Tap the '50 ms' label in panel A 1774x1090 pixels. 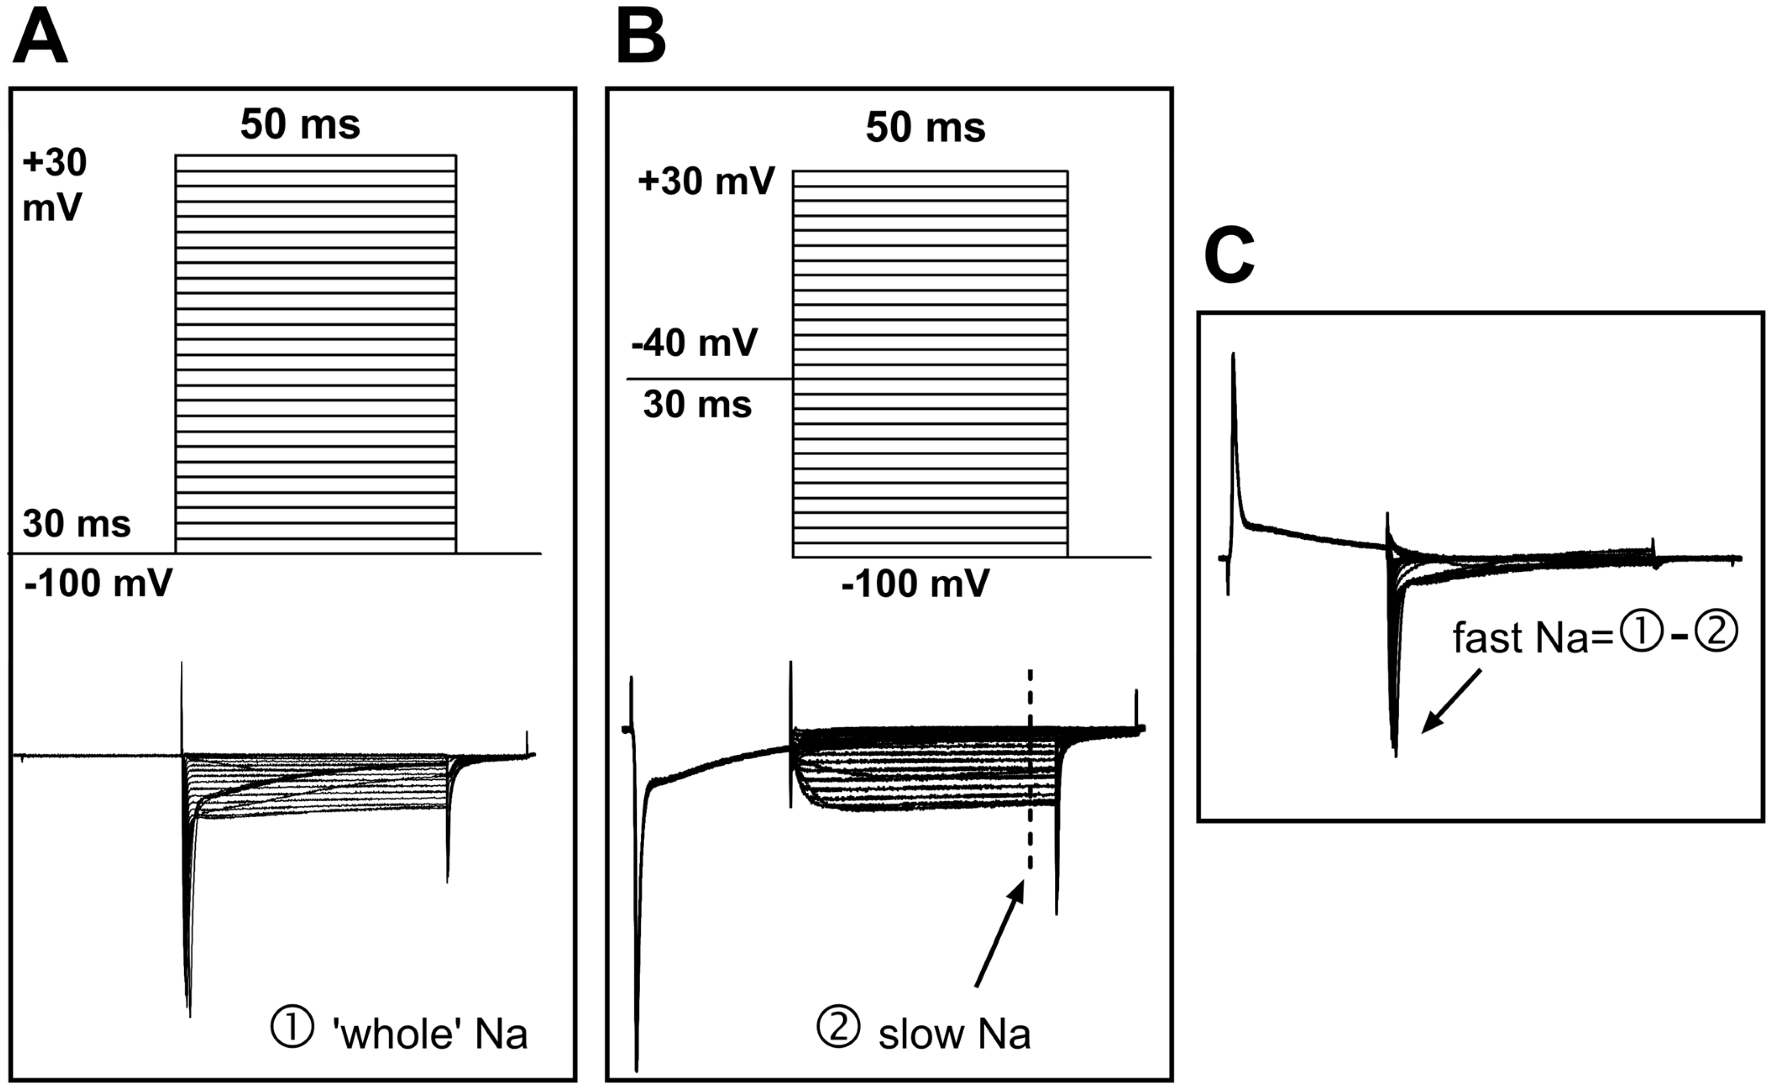tap(300, 124)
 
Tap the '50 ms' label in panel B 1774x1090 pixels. tap(925, 128)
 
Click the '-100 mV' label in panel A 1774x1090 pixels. tap(98, 582)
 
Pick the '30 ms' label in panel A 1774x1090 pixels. tap(76, 524)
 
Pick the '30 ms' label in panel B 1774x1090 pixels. tap(697, 404)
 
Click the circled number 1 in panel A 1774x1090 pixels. tap(292, 1029)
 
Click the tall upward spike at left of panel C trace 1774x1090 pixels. tap(1234, 404)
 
